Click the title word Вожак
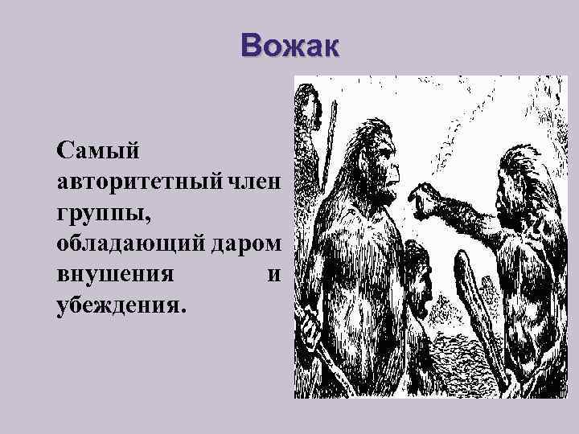coord(290,46)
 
